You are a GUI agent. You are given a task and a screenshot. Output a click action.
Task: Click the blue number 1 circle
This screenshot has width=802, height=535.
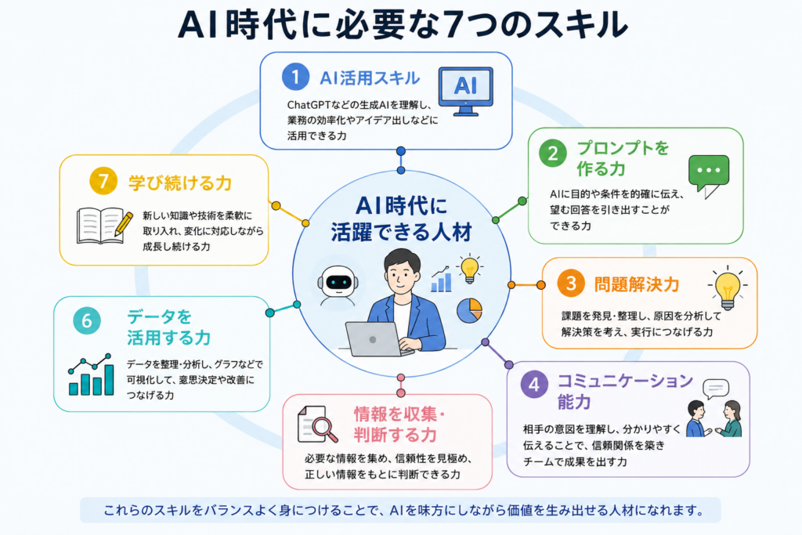[x=295, y=77]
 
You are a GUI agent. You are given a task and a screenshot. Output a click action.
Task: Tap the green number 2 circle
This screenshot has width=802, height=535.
[x=553, y=154]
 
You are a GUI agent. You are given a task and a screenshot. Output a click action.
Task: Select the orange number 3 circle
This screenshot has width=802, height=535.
[x=571, y=283]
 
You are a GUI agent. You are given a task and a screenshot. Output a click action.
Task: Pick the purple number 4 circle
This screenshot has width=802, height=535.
[x=534, y=384]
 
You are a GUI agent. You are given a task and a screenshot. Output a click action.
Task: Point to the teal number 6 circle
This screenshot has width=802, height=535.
[x=87, y=320]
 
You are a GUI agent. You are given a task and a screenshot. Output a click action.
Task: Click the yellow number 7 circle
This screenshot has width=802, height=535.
[x=103, y=181]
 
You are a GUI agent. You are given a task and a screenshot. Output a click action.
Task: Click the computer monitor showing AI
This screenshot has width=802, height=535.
[x=465, y=91]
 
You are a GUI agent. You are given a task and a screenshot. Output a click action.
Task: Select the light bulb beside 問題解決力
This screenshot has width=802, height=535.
[x=728, y=287]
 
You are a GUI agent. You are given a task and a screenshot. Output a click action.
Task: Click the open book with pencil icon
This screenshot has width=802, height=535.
[x=104, y=226]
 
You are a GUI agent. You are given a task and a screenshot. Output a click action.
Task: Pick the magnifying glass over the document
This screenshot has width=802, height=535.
[x=323, y=428]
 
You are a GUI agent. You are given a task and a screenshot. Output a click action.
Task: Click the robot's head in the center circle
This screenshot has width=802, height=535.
[x=338, y=281]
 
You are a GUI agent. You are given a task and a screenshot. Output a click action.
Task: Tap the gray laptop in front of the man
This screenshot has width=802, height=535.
[x=375, y=339]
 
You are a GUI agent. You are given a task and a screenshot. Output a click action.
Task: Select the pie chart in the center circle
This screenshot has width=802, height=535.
[x=470, y=310]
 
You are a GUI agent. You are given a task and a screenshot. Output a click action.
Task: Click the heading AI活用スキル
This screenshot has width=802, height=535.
[x=370, y=78]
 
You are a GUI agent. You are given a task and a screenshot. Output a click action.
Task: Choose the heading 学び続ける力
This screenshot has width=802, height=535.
[x=180, y=183]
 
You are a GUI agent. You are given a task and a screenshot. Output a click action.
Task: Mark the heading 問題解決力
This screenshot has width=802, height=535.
[x=637, y=284]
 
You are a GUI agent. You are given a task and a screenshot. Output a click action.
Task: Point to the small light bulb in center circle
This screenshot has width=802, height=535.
[x=470, y=269]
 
